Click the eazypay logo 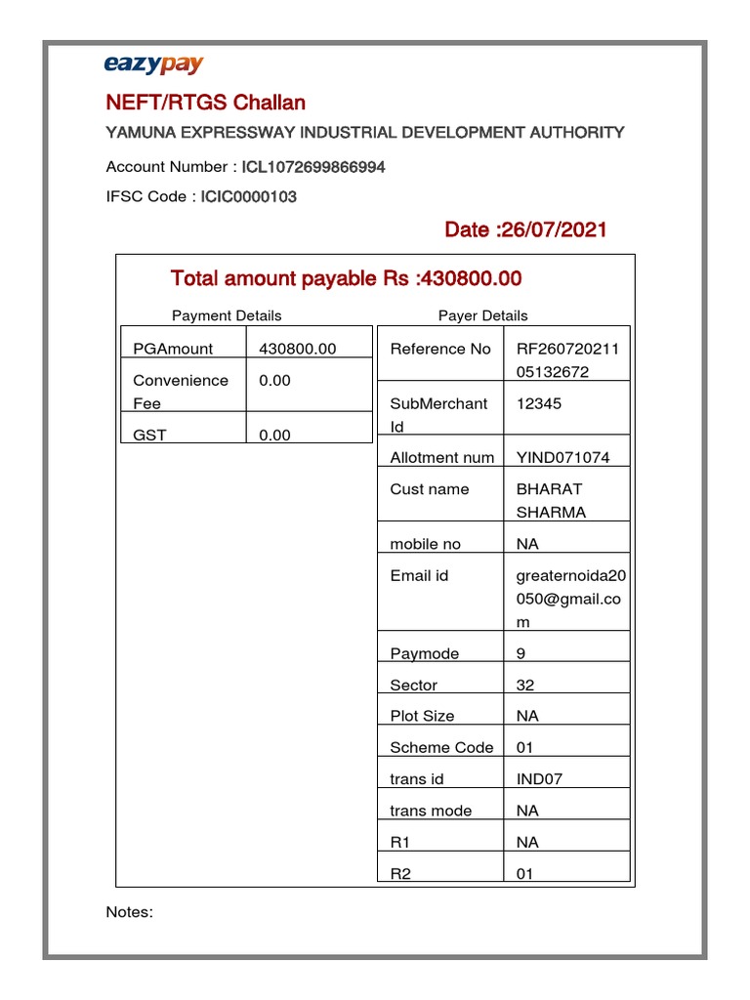click(153, 65)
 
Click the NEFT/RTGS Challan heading click(205, 103)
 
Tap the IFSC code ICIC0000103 click(249, 196)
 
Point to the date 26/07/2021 click(525, 229)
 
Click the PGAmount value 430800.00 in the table click(297, 349)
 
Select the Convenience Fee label click(181, 392)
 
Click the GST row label click(149, 436)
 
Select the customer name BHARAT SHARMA click(551, 500)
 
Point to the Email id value click(571, 599)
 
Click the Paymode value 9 click(521, 653)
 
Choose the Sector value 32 click(524, 685)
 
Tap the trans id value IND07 click(539, 779)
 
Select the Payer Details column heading click(482, 315)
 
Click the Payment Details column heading click(227, 315)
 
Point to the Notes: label click(129, 912)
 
